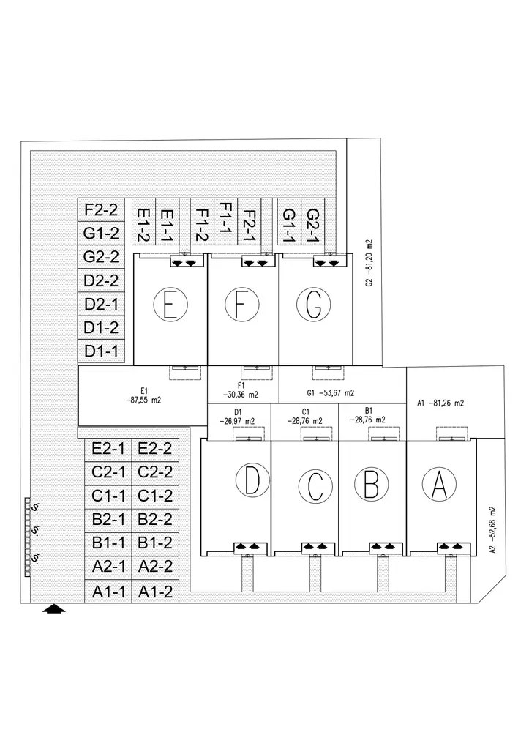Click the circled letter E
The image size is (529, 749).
pos(170,305)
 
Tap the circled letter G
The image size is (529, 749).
pos(314,305)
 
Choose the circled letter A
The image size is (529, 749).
pos(439,484)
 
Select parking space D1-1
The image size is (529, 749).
pos(102,351)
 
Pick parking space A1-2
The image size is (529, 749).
pos(155,592)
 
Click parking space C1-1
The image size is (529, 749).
pos(109,496)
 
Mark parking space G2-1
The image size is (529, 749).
pos(312,226)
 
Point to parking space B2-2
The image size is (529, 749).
pos(155,520)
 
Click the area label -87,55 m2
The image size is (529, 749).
pos(143,400)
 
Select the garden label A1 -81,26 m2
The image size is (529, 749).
pos(440,403)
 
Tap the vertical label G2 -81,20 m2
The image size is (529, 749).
pos(370,263)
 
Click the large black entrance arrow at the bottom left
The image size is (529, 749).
pos(54,609)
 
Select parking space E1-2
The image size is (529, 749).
pos(143,226)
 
